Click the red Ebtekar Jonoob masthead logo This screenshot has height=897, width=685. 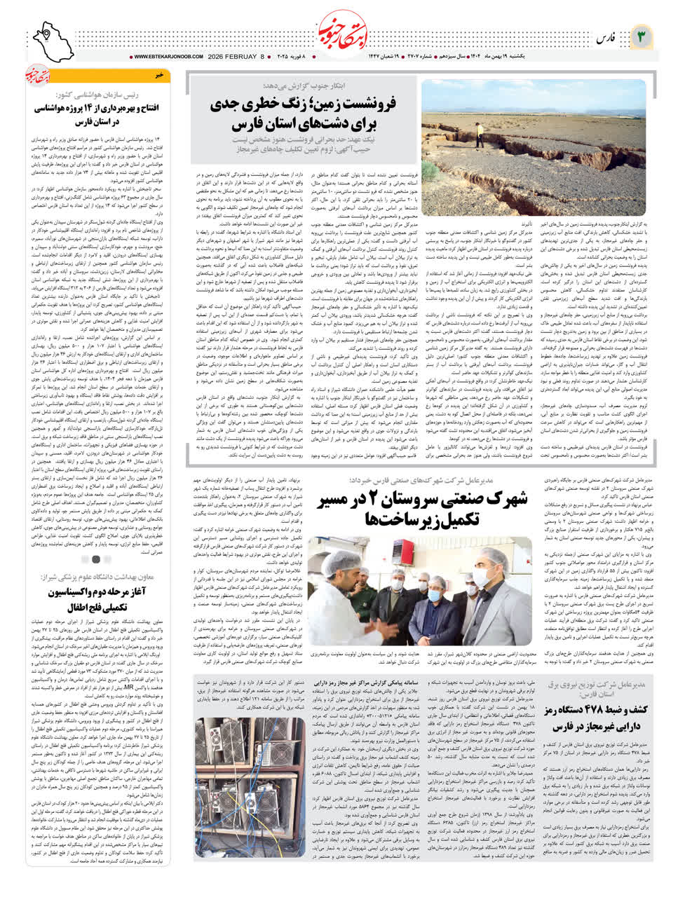point(342,32)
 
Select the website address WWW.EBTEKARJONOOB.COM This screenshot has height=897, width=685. point(166,57)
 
